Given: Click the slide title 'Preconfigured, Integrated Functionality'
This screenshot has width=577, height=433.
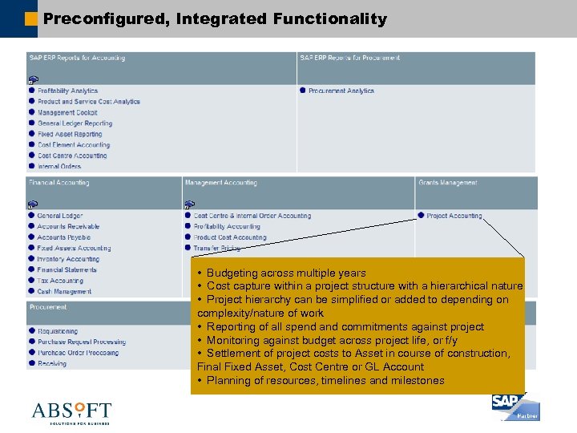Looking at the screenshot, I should click(215, 18).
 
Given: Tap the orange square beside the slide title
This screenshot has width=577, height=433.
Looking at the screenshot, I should click(31, 18).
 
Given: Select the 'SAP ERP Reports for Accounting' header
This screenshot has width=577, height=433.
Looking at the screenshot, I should click(77, 58).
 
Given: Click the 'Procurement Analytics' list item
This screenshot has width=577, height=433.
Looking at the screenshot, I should click(341, 91).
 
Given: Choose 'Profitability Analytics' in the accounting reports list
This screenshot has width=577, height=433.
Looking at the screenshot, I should click(67, 91).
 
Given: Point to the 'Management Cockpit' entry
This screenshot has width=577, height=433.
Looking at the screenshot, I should click(67, 112).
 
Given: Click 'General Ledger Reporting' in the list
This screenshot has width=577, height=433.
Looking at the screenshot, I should click(75, 123).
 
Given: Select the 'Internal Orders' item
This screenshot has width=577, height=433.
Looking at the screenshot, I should click(59, 166).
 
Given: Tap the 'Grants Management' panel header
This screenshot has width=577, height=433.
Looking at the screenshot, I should click(447, 183).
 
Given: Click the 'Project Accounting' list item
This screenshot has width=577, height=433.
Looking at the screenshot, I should click(454, 216).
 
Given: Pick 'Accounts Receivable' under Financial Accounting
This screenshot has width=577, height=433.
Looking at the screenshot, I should click(68, 227).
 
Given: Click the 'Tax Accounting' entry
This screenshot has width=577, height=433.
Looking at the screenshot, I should click(60, 281).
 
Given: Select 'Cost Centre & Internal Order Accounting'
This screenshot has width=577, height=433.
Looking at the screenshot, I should click(252, 216).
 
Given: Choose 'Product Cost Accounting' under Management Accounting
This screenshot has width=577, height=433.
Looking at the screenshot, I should click(229, 237).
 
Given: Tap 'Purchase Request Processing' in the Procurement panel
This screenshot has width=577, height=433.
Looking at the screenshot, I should click(82, 342).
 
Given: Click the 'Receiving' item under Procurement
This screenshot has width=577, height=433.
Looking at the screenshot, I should click(52, 363).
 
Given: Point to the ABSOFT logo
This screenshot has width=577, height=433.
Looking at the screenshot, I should click(71, 412).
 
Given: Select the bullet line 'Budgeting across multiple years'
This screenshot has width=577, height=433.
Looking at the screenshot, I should click(285, 273).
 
